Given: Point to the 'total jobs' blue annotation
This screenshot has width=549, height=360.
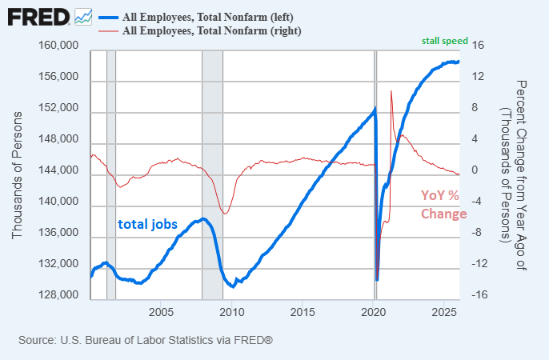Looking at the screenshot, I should tap(147, 224).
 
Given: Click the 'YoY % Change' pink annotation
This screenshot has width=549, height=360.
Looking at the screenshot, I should tap(443, 205).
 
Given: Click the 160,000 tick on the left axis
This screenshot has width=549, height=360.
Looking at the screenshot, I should tap(58, 47).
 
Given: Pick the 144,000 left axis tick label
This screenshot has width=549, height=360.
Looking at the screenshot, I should tap(58, 171).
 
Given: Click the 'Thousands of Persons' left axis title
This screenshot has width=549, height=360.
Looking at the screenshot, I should tap(17, 173).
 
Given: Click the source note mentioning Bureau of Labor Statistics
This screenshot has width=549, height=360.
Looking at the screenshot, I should tap(146, 340).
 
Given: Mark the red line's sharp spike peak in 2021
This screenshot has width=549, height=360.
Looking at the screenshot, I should tap(391, 91).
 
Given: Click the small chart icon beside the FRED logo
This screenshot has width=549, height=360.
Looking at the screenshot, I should tap(82, 16).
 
